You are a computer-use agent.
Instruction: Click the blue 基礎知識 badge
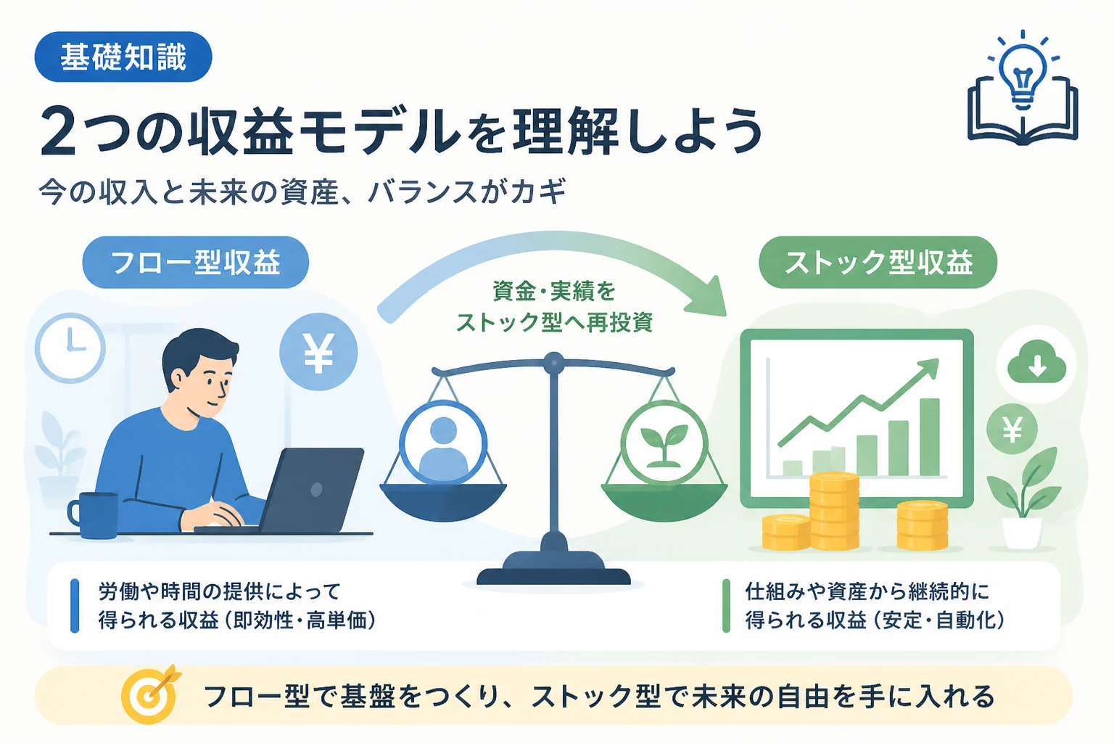[123, 57]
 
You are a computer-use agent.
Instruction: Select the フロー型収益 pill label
[195, 262]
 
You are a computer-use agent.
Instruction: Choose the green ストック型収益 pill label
[878, 262]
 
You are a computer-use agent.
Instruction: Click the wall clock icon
[70, 348]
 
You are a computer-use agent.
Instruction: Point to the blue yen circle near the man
[318, 351]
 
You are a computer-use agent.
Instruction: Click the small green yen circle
[1012, 429]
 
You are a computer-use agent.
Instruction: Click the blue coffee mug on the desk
[94, 515]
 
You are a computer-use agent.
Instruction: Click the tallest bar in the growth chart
[929, 437]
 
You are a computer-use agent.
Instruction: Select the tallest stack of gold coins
[834, 511]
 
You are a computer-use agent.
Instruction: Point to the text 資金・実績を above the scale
[554, 291]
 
